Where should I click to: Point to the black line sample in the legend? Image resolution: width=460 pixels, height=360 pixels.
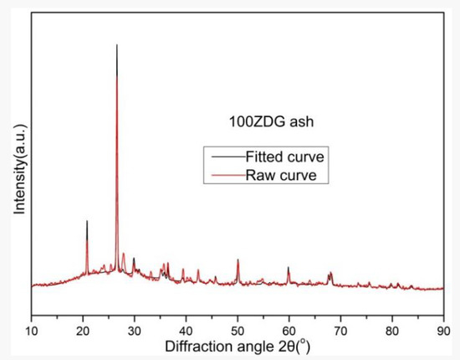click(227, 157)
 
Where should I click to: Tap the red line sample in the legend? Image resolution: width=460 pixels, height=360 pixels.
click(227, 174)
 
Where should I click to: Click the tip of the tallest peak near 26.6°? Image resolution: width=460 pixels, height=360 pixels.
click(116, 45)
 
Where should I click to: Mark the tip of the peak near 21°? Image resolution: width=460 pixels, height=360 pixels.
click(87, 221)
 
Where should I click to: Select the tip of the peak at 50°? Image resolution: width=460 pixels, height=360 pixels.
click(238, 260)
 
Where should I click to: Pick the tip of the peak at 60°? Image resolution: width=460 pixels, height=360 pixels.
click(289, 267)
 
